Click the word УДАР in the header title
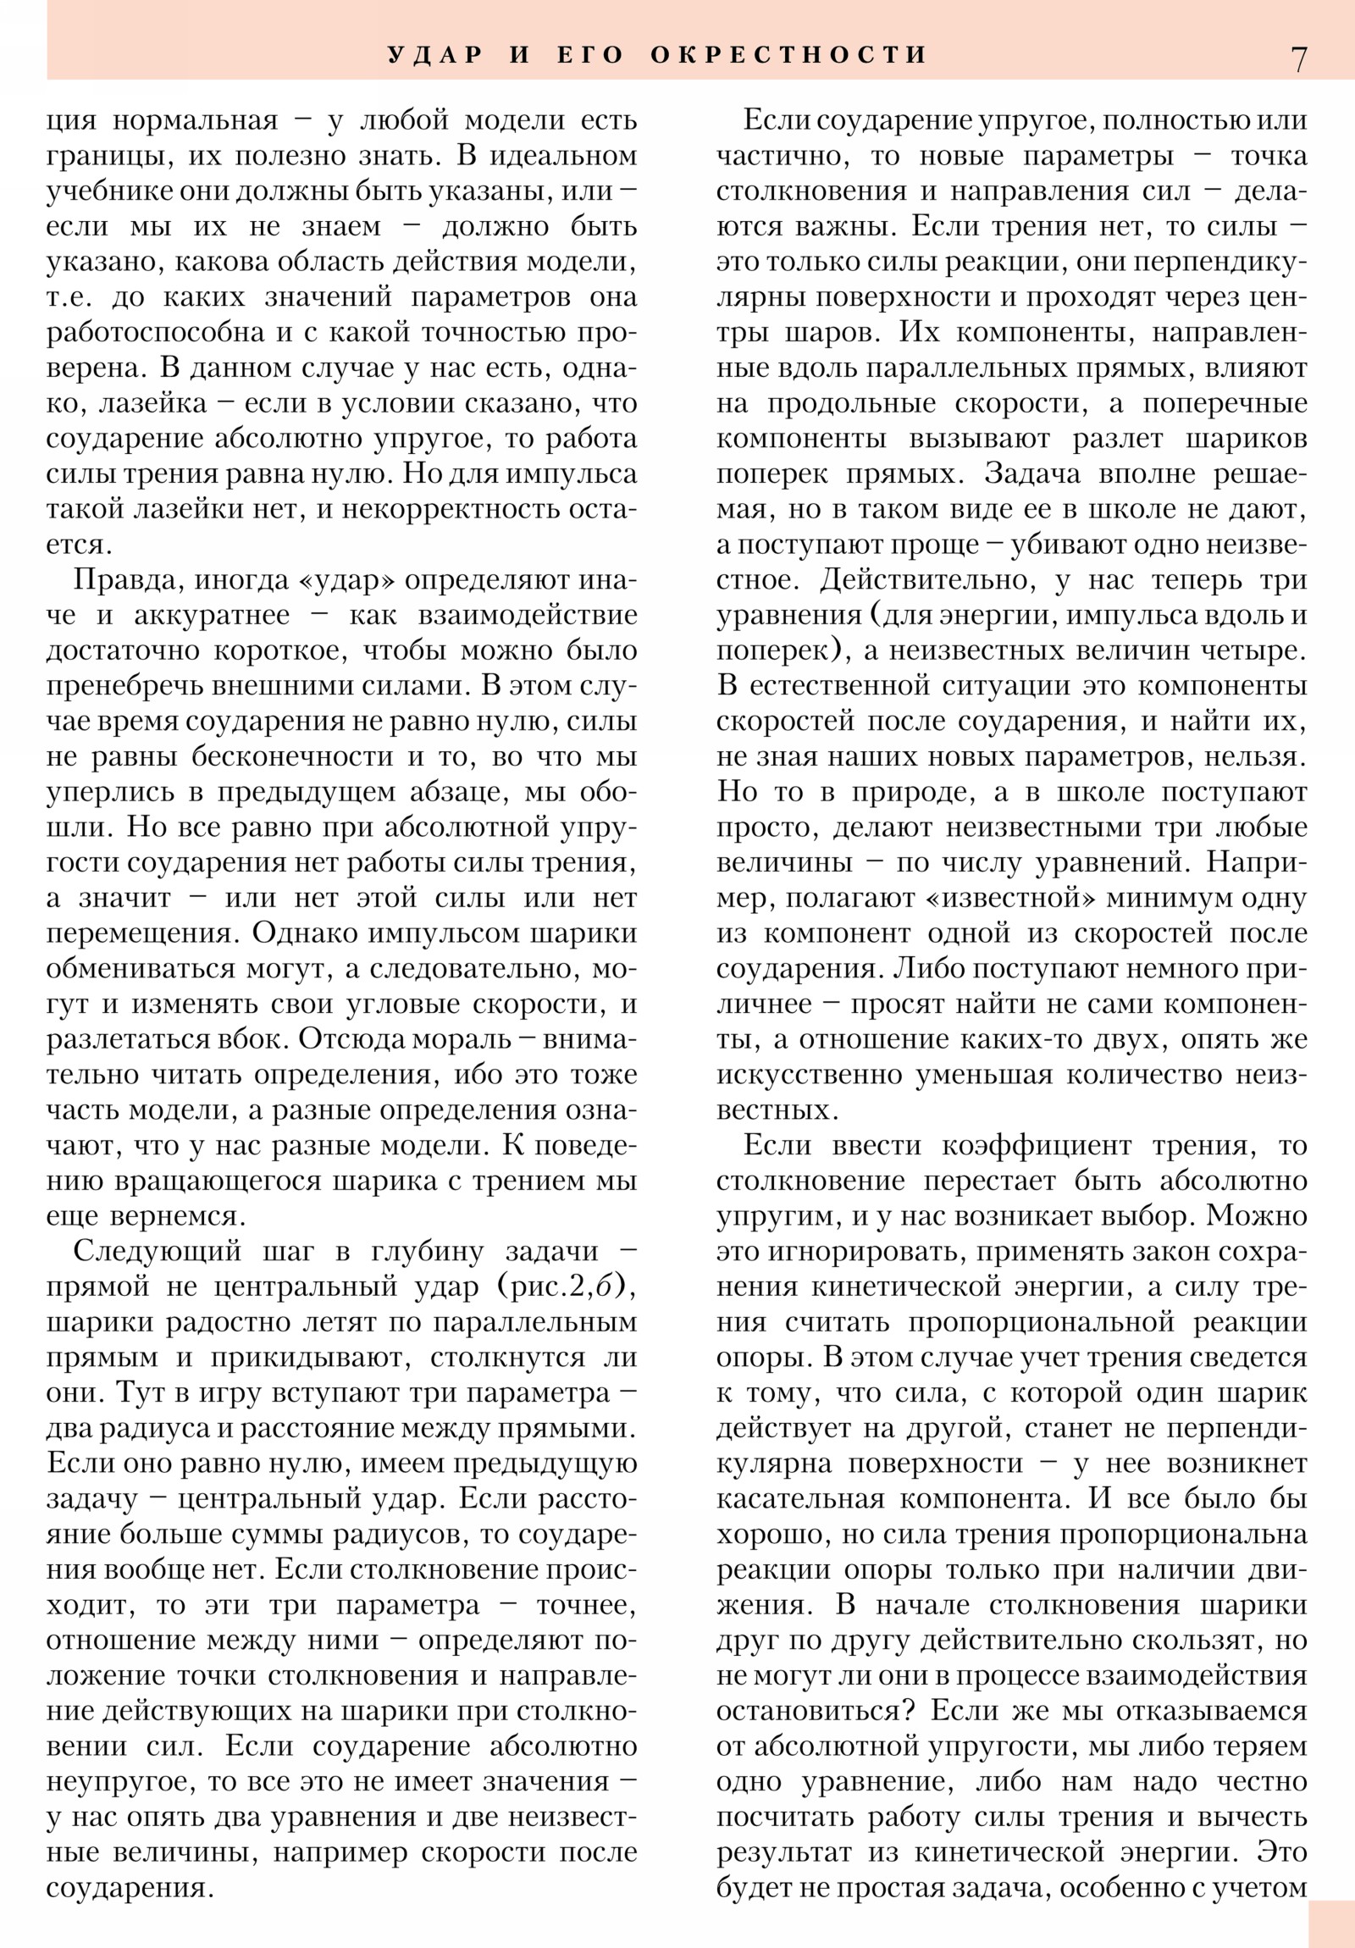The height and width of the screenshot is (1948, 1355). click(x=435, y=55)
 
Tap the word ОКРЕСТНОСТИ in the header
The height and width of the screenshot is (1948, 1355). click(x=789, y=55)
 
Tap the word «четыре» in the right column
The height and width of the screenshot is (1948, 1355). click(x=1250, y=650)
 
